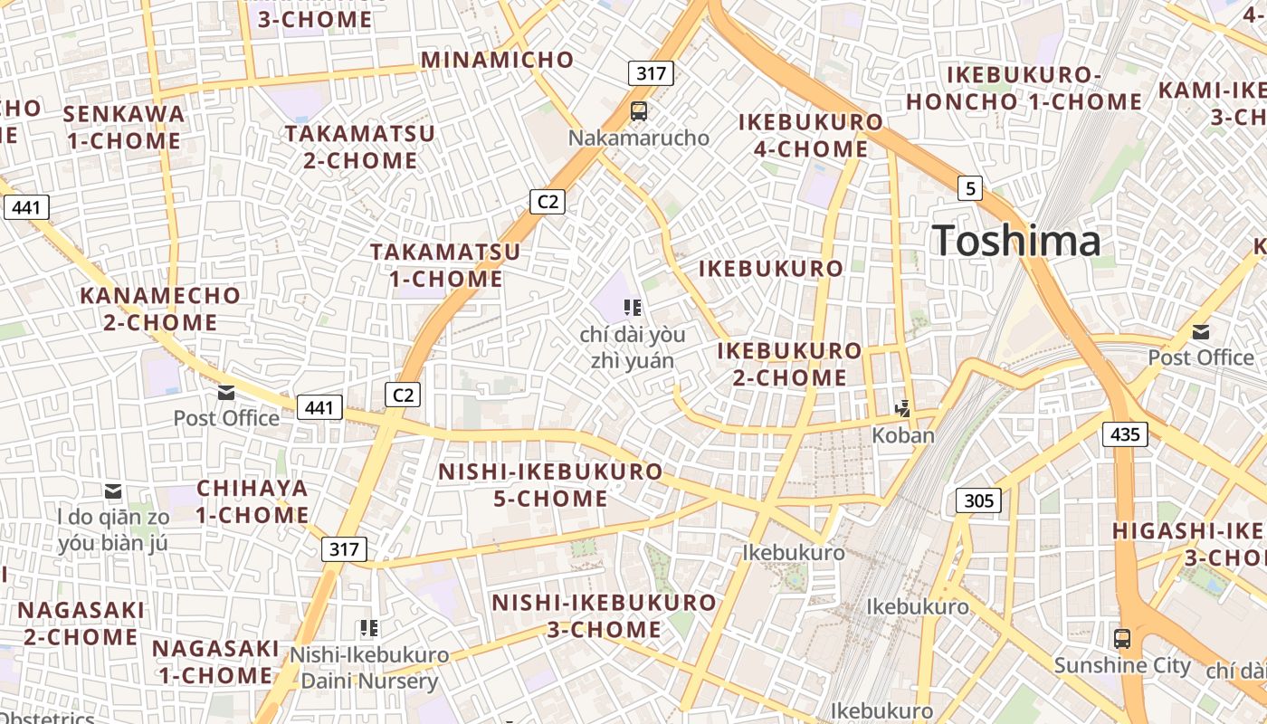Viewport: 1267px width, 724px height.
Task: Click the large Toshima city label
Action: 1016,242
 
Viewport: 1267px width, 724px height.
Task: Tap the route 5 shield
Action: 970,188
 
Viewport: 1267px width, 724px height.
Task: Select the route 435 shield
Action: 1125,434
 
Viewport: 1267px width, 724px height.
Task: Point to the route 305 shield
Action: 978,500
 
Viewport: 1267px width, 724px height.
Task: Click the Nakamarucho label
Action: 638,138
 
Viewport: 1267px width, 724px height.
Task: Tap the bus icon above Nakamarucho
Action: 639,111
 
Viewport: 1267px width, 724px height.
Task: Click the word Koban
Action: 902,435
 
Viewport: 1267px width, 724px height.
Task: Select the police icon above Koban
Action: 902,409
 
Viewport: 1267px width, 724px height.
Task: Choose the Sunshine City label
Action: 1122,666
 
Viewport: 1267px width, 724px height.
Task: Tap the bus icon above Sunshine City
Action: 1122,638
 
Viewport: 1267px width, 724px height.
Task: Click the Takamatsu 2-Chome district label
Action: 360,148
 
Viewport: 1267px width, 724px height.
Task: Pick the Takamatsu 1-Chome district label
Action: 445,265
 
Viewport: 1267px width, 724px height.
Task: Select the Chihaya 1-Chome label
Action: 252,501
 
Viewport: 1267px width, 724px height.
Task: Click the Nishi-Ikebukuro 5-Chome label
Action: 550,485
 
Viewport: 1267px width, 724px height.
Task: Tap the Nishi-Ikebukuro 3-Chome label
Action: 604,615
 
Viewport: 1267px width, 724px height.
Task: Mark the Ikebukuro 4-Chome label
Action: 811,135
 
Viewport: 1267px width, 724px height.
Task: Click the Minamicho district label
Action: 497,60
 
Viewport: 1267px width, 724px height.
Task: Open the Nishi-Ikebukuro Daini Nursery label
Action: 369,668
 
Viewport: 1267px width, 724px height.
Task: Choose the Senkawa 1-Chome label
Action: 124,128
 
